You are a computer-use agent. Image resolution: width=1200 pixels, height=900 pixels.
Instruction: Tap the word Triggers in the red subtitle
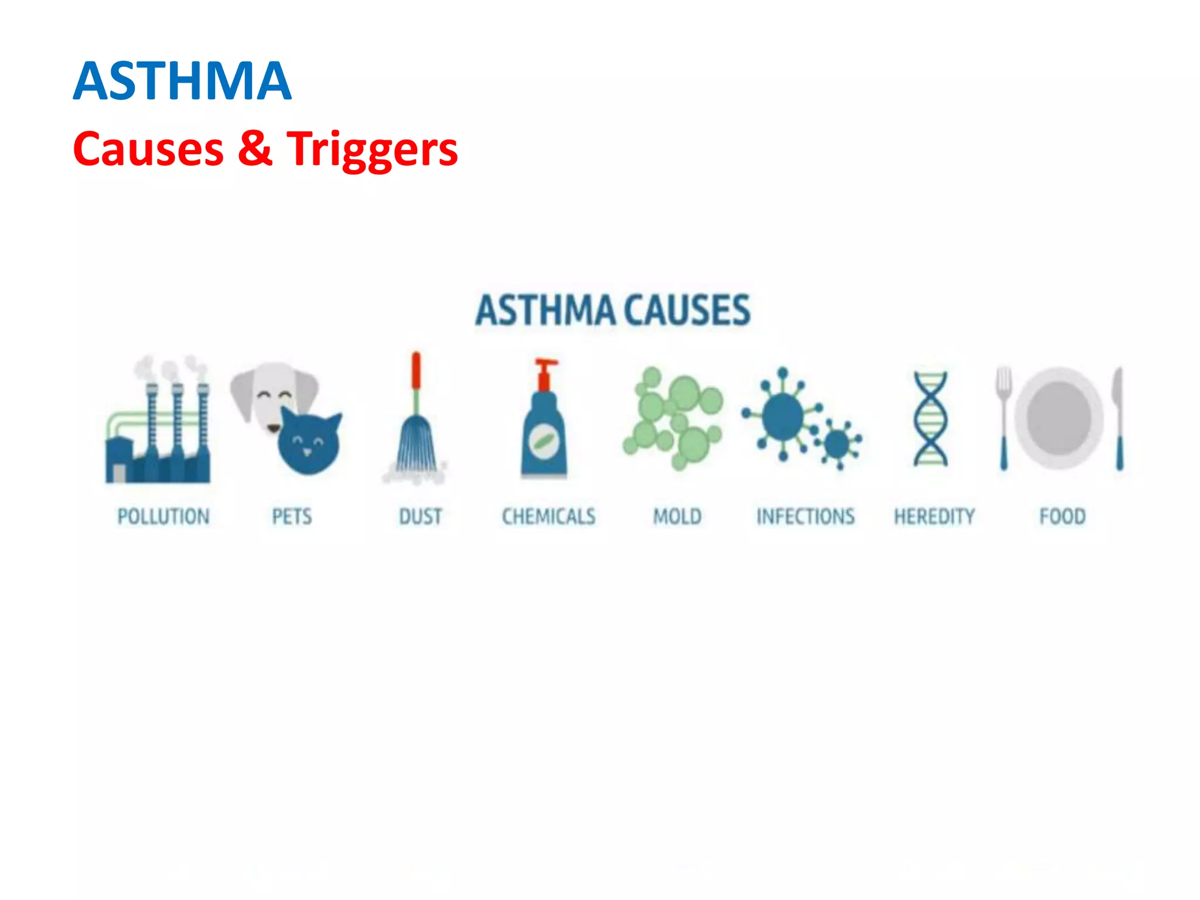(372, 149)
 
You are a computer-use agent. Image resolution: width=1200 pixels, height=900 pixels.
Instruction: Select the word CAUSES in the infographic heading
(687, 310)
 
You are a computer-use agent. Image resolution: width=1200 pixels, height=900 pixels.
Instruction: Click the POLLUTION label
(163, 516)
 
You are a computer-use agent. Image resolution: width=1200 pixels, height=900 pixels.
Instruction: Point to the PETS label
(292, 516)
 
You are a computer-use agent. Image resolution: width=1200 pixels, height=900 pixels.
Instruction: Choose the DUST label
(420, 516)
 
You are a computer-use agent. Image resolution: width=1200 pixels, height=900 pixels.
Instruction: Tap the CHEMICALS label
(548, 516)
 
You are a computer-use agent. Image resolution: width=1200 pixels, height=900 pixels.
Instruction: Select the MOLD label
(677, 516)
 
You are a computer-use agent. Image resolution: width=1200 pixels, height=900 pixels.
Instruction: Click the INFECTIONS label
(806, 516)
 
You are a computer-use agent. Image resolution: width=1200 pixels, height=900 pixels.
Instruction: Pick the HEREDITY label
(934, 516)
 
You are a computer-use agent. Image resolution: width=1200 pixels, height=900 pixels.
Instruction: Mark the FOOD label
(1062, 516)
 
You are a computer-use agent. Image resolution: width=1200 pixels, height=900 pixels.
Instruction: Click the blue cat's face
(309, 443)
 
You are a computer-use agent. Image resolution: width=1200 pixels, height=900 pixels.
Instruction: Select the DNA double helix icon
(930, 418)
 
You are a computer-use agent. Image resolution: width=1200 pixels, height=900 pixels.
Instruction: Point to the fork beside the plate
(1004, 416)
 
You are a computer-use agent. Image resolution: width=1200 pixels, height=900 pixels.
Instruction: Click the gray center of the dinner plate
(1059, 418)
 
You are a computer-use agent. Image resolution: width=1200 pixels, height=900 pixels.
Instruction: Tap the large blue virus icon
(783, 415)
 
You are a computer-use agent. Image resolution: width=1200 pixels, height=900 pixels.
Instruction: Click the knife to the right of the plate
(1119, 418)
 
